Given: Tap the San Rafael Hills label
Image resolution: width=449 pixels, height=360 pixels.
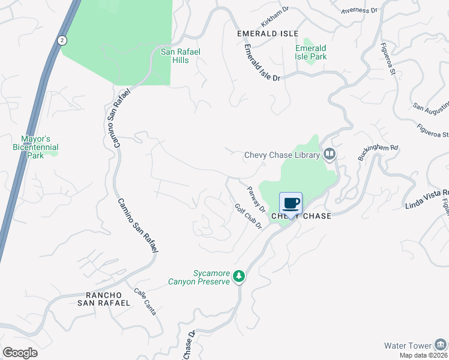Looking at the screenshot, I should coord(180,56).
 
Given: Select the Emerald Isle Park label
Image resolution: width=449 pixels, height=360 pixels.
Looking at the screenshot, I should coord(311,52).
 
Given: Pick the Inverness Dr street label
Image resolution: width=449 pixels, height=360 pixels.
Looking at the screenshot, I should coord(359,10).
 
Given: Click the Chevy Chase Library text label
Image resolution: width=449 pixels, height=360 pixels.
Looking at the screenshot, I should coord(282,155).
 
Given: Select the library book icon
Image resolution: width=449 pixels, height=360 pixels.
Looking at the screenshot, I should coord(329,155).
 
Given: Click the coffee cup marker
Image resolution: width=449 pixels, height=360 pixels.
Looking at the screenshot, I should coord(291,203).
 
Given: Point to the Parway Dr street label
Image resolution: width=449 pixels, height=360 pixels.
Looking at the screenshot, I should coord(256,199).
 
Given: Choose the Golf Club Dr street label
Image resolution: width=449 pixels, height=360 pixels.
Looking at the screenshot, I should coord(248,219).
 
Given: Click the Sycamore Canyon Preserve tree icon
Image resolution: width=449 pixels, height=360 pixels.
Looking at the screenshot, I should coord(239,276).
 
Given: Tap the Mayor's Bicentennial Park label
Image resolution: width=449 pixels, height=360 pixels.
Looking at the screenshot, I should coord(35,146).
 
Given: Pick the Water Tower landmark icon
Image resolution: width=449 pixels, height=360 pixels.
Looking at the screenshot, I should coord(441,345).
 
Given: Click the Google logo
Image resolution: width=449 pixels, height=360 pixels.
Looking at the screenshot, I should coord(20,352).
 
